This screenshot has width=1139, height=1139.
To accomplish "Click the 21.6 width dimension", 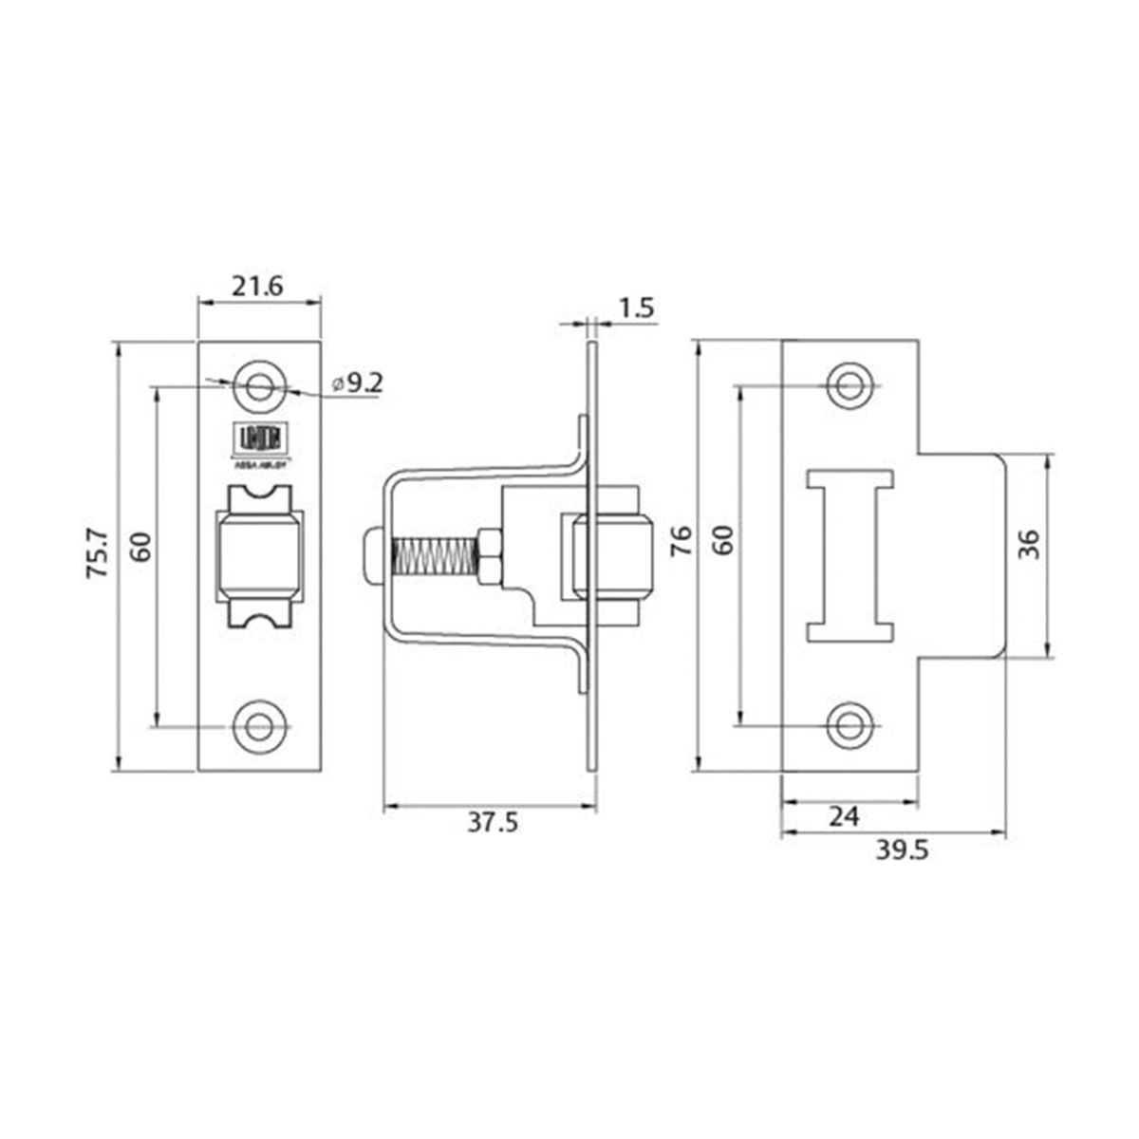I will tap(257, 286).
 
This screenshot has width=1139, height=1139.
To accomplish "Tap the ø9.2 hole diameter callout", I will tap(358, 384).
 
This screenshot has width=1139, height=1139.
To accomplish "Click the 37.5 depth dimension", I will tap(492, 824).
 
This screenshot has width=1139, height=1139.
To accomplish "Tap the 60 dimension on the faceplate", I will tap(140, 548).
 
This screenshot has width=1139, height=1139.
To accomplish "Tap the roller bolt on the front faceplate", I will tap(258, 555).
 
